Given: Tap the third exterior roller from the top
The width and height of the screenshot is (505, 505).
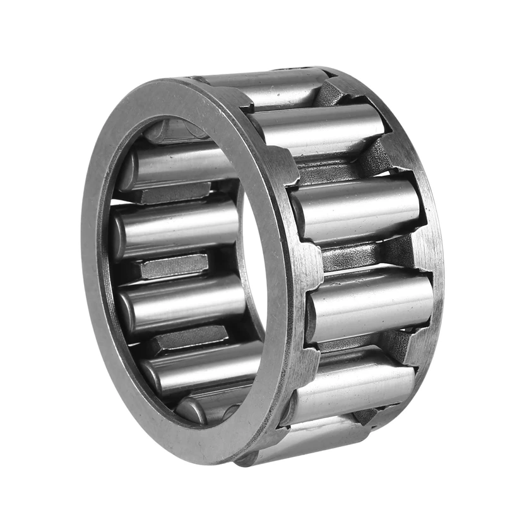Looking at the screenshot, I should click(x=357, y=208).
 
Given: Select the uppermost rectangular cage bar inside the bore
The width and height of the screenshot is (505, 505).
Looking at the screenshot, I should click(x=174, y=193).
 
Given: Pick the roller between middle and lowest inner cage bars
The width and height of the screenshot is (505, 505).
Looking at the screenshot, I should click(x=183, y=303).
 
